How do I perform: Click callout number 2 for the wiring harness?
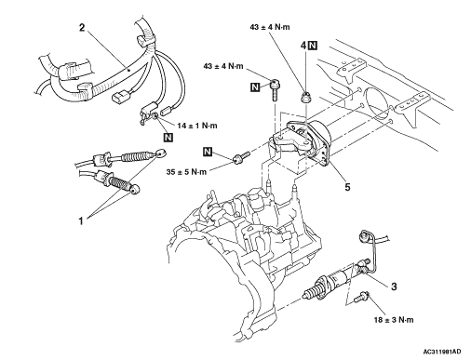point(82,27)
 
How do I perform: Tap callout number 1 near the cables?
point(81,221)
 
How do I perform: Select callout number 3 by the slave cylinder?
point(394,287)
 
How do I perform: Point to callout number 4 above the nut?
point(303,46)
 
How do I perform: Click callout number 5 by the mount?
point(347,187)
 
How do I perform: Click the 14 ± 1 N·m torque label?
point(197,126)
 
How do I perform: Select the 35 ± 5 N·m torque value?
point(186,171)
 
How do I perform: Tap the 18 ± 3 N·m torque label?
point(394,320)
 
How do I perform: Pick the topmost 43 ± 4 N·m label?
point(270,27)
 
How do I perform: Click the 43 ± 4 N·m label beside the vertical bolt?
point(223,66)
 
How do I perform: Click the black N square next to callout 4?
point(313,46)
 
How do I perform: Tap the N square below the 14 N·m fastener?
point(168,137)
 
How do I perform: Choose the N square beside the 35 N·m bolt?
point(208,152)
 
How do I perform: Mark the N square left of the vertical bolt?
point(255,87)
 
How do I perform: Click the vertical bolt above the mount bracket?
point(276,90)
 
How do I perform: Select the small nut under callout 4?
point(305,97)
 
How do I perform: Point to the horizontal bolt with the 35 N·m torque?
point(241,157)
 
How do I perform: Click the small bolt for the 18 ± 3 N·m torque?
point(361,297)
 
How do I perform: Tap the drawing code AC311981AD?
point(442,352)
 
